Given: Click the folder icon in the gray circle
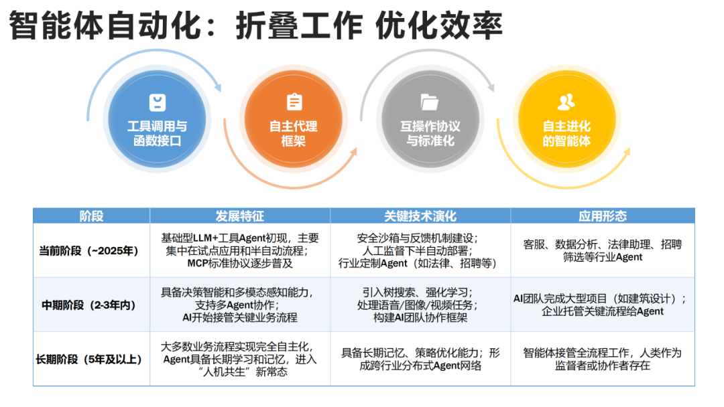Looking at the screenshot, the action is [430, 102].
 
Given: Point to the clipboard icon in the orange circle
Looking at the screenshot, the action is [294, 102].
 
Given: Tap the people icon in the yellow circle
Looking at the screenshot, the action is [566, 102].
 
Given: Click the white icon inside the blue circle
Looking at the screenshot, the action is [157, 102].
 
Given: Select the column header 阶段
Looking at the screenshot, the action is [91, 216].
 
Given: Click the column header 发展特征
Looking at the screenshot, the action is [239, 216].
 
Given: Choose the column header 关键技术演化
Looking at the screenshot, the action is [420, 216].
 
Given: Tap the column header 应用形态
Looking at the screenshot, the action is [602, 216].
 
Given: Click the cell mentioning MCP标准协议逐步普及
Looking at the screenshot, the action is [240, 251].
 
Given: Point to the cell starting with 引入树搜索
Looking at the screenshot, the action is [420, 305].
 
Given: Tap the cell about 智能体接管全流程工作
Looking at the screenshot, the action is [602, 359].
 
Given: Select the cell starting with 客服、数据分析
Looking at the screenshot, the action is [602, 251].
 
